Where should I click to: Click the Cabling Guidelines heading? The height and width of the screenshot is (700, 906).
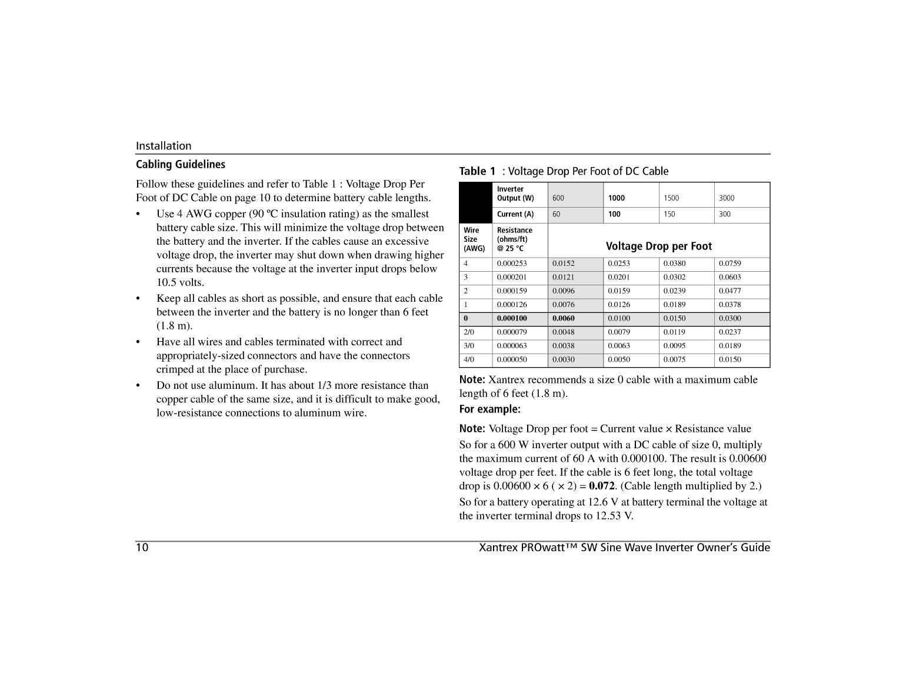tap(180, 165)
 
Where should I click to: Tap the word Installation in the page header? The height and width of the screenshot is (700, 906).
tap(164, 146)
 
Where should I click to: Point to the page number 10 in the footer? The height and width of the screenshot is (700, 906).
tap(142, 548)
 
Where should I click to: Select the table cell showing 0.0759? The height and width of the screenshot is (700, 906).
tap(730, 264)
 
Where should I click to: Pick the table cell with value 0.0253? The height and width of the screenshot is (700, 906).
tap(618, 264)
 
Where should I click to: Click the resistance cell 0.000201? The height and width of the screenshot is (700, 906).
tap(511, 277)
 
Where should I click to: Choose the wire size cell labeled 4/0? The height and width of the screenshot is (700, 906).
tap(469, 359)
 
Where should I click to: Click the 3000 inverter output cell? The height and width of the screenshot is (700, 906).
tap(727, 198)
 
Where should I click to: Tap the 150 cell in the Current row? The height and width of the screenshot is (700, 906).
tap(669, 214)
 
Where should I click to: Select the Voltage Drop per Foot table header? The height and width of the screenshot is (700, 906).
tap(658, 246)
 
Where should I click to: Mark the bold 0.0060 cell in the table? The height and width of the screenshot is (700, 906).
tap(563, 318)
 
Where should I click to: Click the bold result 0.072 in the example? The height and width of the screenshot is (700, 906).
tap(601, 486)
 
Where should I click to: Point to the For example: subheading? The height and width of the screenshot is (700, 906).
tap(489, 409)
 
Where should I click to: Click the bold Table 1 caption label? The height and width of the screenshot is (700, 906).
tap(477, 171)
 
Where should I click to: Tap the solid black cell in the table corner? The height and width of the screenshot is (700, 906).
tap(475, 202)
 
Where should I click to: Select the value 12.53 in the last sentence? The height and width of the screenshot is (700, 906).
tap(608, 516)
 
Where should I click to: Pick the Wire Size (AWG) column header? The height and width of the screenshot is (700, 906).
tap(474, 239)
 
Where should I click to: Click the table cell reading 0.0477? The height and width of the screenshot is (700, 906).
tap(730, 291)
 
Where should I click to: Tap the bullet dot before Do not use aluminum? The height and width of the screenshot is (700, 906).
tap(138, 386)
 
